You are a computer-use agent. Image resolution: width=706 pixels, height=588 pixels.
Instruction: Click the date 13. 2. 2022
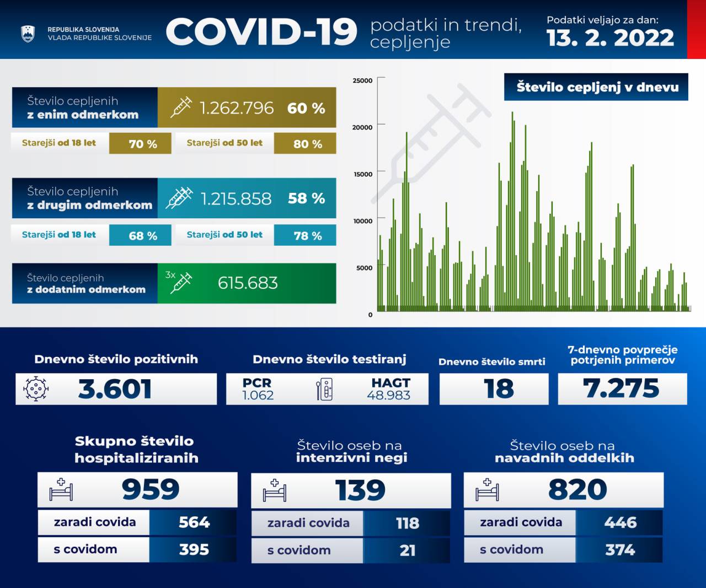pos(610,38)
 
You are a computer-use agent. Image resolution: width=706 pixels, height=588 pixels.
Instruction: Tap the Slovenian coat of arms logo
pos(28,34)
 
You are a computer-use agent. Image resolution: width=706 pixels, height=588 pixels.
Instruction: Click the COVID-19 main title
pos(261,31)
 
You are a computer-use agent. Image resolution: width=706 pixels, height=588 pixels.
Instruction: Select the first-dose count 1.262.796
pos(236,108)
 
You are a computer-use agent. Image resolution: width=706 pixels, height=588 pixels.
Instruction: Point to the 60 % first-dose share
pos(306,108)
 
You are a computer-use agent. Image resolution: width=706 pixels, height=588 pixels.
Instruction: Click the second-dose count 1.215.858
pos(236,198)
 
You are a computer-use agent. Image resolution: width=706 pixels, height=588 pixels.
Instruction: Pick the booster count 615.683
pos(248,283)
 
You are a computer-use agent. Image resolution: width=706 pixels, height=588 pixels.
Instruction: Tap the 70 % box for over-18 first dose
pos(142,144)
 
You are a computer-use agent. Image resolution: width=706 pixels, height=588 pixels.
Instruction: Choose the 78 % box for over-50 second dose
pos(307,235)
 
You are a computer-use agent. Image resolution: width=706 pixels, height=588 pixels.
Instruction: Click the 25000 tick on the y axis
pos(362,80)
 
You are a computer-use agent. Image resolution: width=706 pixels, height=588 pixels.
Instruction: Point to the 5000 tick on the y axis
pos(364,268)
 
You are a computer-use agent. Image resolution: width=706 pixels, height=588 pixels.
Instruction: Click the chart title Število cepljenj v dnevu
pos(597,87)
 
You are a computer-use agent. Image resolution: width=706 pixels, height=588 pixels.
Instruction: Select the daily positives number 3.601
pos(115,389)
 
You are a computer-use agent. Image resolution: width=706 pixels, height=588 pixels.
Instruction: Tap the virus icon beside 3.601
pos(36,389)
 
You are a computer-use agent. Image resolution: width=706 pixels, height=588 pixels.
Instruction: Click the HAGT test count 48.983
pos(389,395)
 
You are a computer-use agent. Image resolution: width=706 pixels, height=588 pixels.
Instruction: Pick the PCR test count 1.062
pos(258,395)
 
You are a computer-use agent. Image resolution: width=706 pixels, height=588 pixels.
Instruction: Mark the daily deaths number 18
pos(499,389)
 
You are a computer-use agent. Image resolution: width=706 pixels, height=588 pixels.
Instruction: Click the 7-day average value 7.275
pos(621,388)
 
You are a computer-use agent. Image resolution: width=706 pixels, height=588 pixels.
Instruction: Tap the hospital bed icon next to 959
pos(61,489)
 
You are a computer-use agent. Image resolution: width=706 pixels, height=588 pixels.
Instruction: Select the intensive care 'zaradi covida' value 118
pos(407,523)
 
